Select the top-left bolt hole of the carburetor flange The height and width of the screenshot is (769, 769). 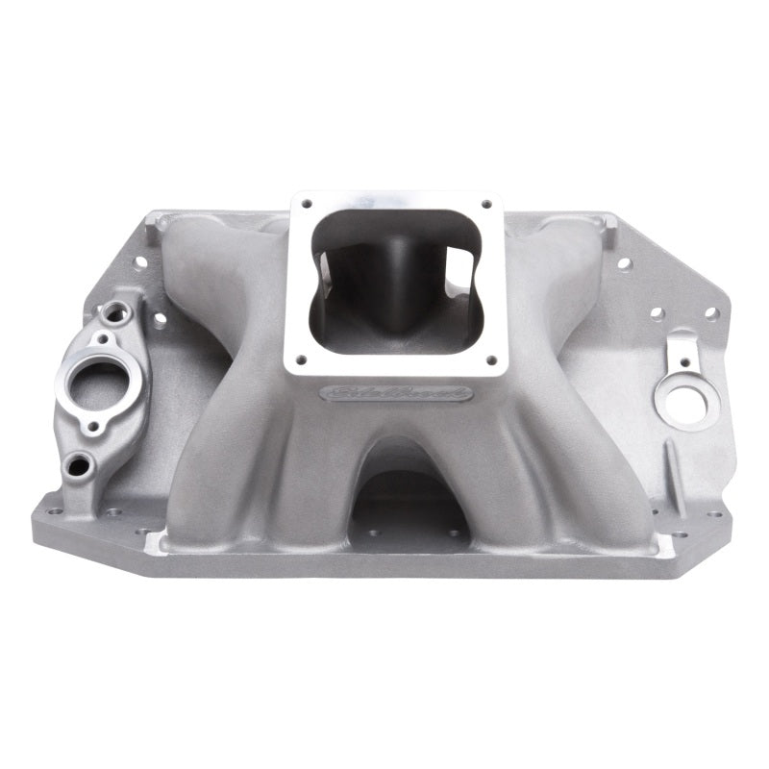pyautogui.click(x=307, y=204)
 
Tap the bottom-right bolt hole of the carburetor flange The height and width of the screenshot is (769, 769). pyautogui.click(x=492, y=361)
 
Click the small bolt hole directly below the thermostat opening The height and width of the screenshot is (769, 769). pyautogui.click(x=94, y=427)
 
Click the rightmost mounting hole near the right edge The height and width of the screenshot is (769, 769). pyautogui.click(x=711, y=313)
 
